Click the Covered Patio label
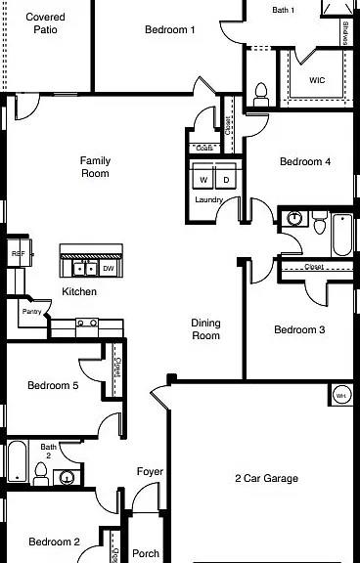(44, 23)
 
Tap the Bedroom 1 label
(170, 30)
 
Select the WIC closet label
(317, 80)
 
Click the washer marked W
(203, 181)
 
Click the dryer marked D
(226, 181)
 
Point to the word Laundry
(209, 200)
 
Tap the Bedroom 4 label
(304, 162)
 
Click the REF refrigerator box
(18, 254)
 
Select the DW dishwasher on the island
(109, 268)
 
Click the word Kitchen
(79, 292)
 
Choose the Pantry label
(30, 312)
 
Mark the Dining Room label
(205, 329)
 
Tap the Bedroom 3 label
(299, 330)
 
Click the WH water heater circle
(340, 395)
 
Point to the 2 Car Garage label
(266, 479)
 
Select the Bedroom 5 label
(53, 385)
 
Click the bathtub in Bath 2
(17, 463)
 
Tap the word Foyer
(150, 472)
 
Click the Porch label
(146, 553)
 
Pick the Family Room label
(95, 167)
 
